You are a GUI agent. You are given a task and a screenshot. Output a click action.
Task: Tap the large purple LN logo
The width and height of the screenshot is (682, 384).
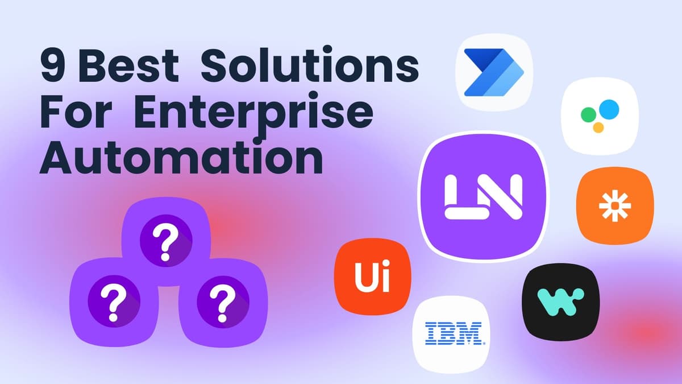coord(483,196)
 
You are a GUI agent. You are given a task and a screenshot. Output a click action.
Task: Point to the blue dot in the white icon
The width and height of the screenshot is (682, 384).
coord(609,108)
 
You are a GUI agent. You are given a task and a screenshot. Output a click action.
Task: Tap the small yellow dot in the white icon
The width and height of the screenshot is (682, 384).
coord(598,127)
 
